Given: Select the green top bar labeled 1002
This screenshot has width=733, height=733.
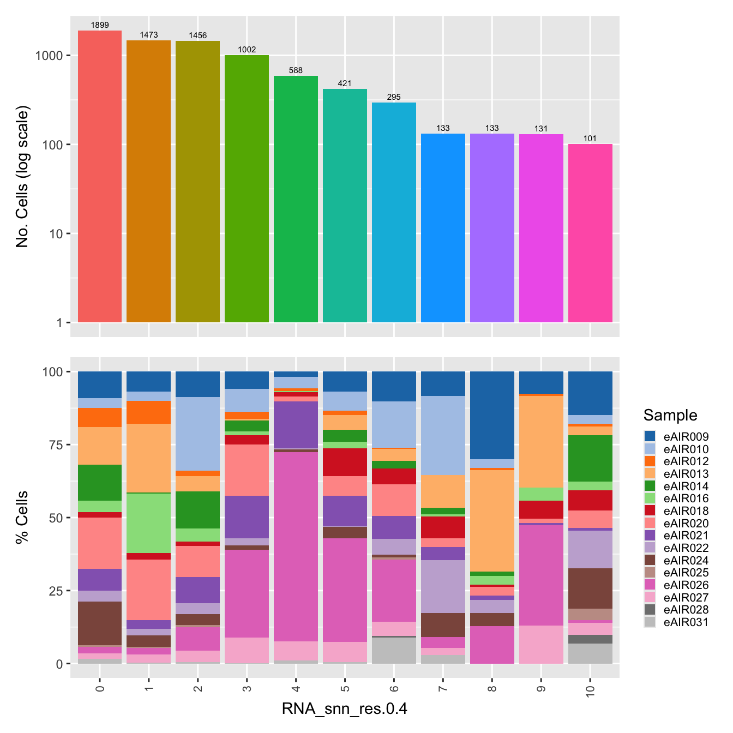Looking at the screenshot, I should tap(247, 188).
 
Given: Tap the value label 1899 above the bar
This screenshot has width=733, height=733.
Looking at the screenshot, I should tap(100, 25).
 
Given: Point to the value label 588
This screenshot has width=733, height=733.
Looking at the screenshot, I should tap(296, 70).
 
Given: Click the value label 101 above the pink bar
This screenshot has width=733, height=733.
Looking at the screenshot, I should tap(590, 139).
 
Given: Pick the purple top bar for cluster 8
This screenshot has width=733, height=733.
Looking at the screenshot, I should tap(492, 227).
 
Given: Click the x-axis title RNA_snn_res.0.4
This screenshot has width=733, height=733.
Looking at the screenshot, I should tap(345, 709).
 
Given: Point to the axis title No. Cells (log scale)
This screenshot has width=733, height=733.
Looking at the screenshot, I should tap(22, 176).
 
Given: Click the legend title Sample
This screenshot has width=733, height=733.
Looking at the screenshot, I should tap(670, 416).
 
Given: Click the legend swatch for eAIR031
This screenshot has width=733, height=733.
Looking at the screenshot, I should tap(650, 622).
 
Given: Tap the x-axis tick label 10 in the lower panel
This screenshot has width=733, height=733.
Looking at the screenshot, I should tap(590, 691).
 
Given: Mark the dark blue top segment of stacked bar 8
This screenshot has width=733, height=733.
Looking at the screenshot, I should tap(492, 415).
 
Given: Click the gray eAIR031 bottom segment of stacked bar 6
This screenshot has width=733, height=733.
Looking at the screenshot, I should tap(394, 651).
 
